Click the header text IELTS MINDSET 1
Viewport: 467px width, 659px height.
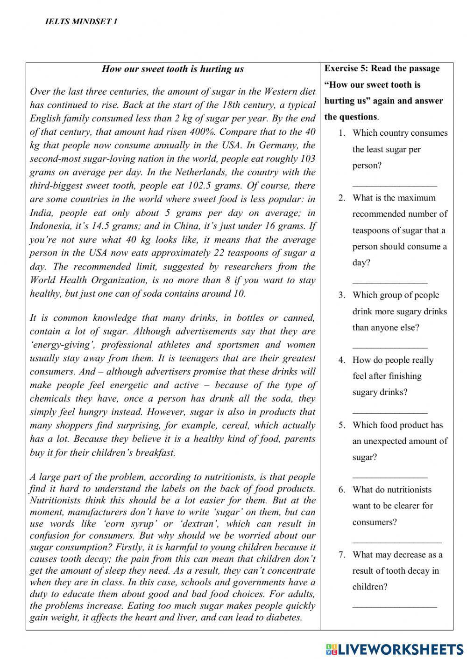(x=82, y=21)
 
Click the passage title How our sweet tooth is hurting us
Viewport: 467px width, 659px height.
(x=173, y=69)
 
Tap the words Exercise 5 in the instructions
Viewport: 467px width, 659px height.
(x=346, y=69)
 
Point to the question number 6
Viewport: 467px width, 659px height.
(x=342, y=490)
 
